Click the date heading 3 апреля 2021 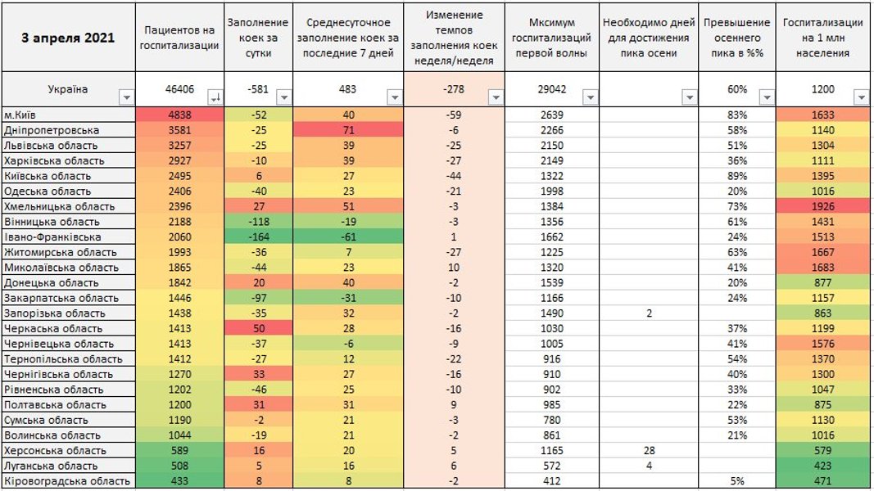click(x=68, y=38)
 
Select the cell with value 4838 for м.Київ click(x=179, y=115)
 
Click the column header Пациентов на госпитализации click(x=179, y=38)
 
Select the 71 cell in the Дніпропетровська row click(x=348, y=130)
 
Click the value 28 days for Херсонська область click(x=649, y=451)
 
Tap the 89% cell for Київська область click(x=737, y=176)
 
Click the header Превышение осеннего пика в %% click(x=737, y=38)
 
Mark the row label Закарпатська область click(x=61, y=298)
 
